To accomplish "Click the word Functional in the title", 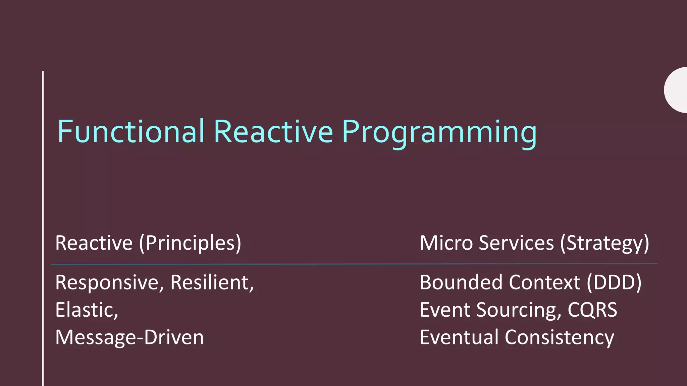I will pos(131,131).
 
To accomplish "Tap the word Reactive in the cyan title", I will pos(273,131).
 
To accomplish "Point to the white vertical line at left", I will pos(43,228).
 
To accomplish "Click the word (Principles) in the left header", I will pos(190,243).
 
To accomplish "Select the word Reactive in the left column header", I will pos(94,243).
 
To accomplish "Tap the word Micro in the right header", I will pos(446,243).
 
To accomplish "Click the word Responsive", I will pos(109,282).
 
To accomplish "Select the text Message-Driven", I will pos(129,337).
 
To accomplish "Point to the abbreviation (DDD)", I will pos(614,282).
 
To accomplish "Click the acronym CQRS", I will pos(592,310).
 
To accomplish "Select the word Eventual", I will pos(459,337).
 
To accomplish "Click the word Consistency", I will pos(560,337).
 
